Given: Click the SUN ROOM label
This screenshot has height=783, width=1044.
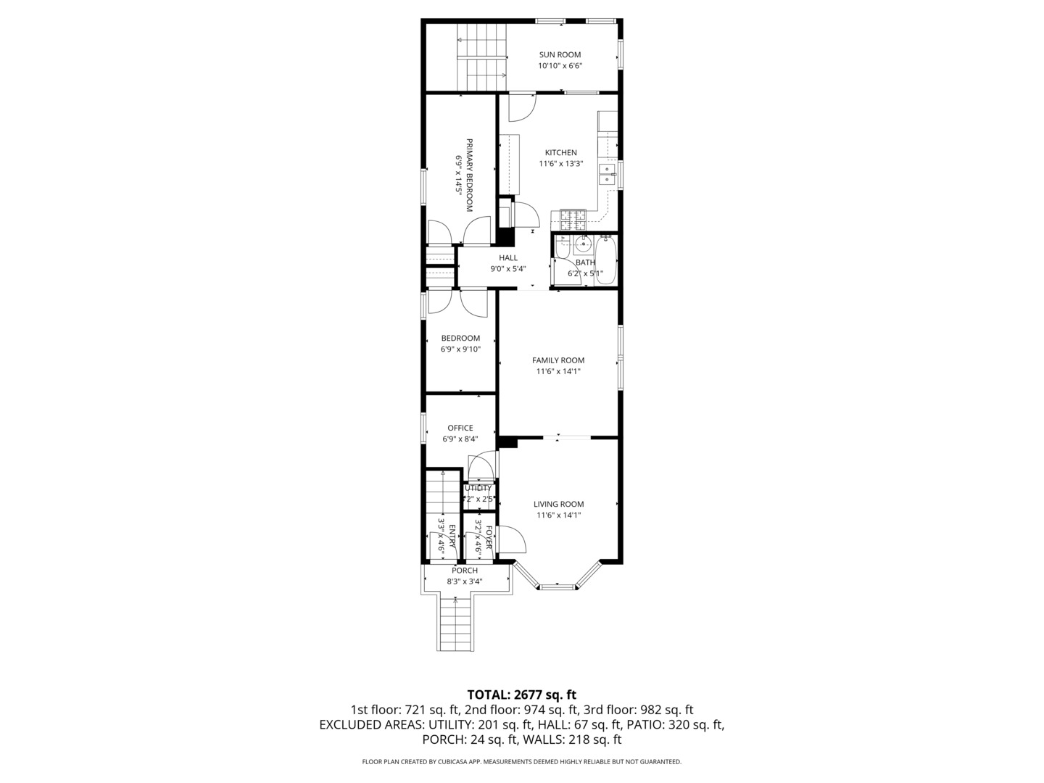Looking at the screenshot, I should [x=560, y=54].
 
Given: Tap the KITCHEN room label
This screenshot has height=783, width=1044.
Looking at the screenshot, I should [x=560, y=152].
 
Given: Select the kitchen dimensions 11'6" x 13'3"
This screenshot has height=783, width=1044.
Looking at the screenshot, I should [x=560, y=164].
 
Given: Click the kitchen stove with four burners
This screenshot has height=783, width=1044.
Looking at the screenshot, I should [x=572, y=215].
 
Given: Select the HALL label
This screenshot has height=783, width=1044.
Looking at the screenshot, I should [x=508, y=257].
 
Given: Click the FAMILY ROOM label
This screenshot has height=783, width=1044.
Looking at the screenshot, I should [x=558, y=360].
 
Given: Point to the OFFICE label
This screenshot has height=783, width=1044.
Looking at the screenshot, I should [x=460, y=428].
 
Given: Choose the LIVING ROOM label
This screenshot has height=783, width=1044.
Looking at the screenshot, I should [x=558, y=505].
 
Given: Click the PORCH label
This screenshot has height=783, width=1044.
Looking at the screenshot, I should [x=465, y=571].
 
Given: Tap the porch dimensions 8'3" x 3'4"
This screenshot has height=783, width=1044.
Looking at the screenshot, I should [x=465, y=581].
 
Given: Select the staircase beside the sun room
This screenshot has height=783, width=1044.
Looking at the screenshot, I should [x=481, y=57].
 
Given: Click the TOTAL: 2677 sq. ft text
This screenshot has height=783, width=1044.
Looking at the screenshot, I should [x=521, y=695].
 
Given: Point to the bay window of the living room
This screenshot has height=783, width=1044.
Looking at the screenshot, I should [x=557, y=584].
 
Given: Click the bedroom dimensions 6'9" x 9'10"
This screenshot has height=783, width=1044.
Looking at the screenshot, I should [x=460, y=349].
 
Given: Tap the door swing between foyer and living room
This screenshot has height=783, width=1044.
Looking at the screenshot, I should [x=513, y=538].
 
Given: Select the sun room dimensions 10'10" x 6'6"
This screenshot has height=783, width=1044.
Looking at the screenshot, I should [x=560, y=66].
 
